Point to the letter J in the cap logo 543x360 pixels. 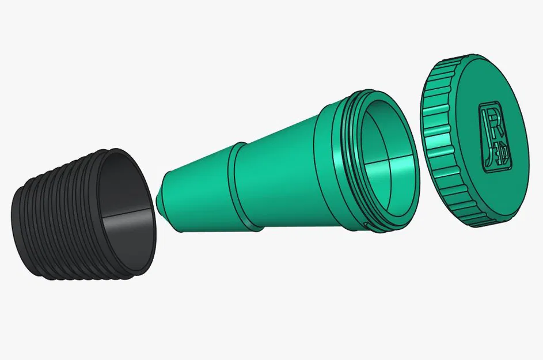click(x=489, y=147)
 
